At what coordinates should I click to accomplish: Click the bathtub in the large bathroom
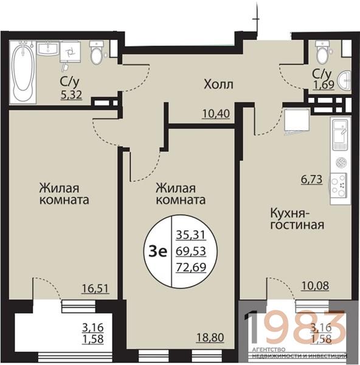pos(22,72)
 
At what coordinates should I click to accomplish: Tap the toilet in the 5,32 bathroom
pos(96,53)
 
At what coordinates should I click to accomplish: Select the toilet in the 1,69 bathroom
pos(322,52)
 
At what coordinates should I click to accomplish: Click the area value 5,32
pos(71,95)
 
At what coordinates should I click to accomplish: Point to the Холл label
pos(218,85)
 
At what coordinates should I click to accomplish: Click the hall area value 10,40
pos(216,114)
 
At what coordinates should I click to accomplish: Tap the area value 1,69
pos(324,85)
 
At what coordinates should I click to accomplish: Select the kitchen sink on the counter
pos(340,134)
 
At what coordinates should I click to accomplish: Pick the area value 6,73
pos(312,179)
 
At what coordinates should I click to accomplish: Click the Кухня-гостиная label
pos(297,219)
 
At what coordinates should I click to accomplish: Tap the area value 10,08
pos(316,286)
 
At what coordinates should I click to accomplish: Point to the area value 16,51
pos(95,288)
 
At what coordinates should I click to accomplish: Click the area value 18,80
pos(210,337)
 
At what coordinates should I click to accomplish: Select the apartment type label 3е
pos(158,252)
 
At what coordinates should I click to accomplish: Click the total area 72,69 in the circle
pos(191,267)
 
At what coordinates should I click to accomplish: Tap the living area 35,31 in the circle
pos(191,235)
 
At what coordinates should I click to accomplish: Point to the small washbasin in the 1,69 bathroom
pos(345,80)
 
